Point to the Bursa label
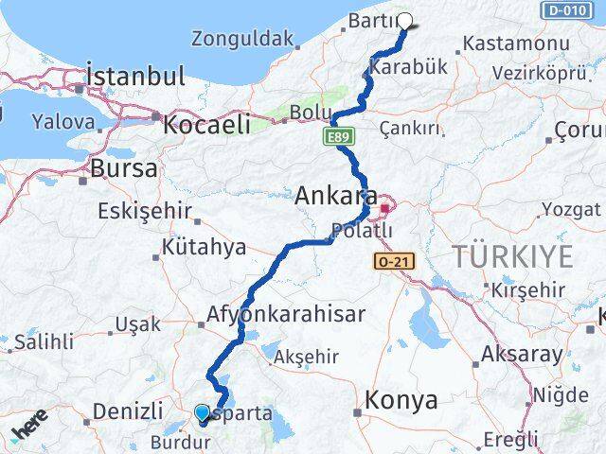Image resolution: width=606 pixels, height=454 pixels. pos(124,169)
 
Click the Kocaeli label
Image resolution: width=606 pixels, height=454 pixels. pos(206,124)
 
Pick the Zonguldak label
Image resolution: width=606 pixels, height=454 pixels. pos(243,40)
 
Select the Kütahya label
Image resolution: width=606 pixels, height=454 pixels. pos(204,248)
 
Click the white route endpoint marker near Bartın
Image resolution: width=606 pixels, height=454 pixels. pos(405,20)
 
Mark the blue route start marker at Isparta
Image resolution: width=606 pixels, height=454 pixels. pos(202,412)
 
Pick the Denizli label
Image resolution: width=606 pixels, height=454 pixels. pos(128,411)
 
